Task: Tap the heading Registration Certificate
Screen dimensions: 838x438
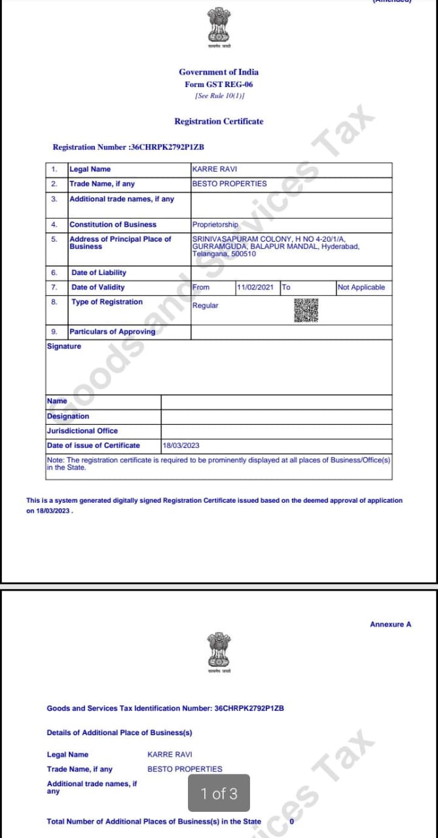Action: [219, 121]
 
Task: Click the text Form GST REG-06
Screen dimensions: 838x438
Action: [219, 84]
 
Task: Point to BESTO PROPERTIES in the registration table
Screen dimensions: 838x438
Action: [229, 184]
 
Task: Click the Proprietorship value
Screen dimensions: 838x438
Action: [215, 225]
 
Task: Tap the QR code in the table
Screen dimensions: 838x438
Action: [306, 310]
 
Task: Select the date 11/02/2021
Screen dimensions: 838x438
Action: [255, 287]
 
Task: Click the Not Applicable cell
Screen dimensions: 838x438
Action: [361, 287]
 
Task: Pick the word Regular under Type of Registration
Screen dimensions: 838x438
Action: [206, 306]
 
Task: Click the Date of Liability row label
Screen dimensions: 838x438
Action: [99, 272]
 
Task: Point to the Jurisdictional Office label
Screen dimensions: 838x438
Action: [82, 431]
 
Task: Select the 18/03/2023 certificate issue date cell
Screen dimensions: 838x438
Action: [181, 445]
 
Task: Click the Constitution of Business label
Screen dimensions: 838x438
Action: [113, 225]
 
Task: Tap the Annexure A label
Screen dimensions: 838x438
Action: [390, 625]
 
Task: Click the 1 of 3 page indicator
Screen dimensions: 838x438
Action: [219, 794]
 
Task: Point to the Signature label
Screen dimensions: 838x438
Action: [64, 346]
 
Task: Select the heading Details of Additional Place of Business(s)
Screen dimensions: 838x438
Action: [119, 733]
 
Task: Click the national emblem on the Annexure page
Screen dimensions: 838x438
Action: [219, 650]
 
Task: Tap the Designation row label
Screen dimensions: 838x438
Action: [68, 416]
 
